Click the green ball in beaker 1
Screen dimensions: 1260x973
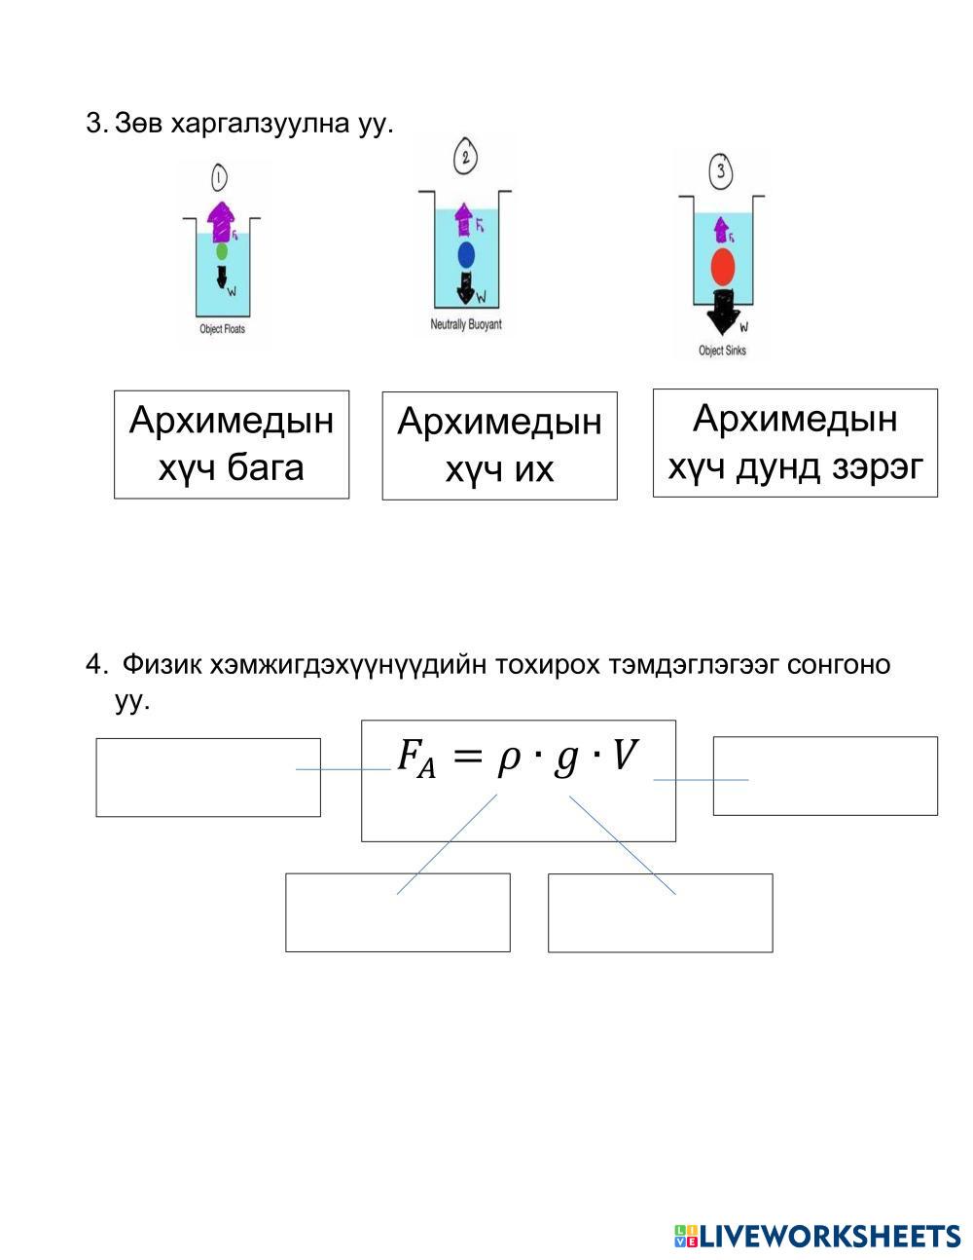(x=222, y=251)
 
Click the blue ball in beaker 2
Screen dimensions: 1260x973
(x=466, y=255)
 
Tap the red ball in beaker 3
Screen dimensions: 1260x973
(x=722, y=265)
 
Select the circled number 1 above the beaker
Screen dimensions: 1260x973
(x=219, y=177)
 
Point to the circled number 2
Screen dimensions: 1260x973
(x=466, y=156)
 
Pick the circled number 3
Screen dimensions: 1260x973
(x=721, y=172)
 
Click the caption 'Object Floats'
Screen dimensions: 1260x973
(x=222, y=329)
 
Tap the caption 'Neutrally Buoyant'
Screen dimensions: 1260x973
(x=466, y=324)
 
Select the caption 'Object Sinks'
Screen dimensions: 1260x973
(x=722, y=351)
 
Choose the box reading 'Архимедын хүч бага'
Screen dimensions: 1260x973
(x=232, y=444)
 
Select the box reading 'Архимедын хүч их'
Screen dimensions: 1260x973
(x=499, y=446)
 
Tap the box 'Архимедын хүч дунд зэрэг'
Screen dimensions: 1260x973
(x=795, y=443)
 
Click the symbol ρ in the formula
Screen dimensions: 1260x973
(x=508, y=760)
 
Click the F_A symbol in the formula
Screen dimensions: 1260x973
(x=414, y=758)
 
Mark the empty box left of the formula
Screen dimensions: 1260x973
(x=207, y=777)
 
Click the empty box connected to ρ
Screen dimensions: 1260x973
(x=397, y=912)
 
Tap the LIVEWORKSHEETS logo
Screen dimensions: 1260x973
(x=816, y=1236)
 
